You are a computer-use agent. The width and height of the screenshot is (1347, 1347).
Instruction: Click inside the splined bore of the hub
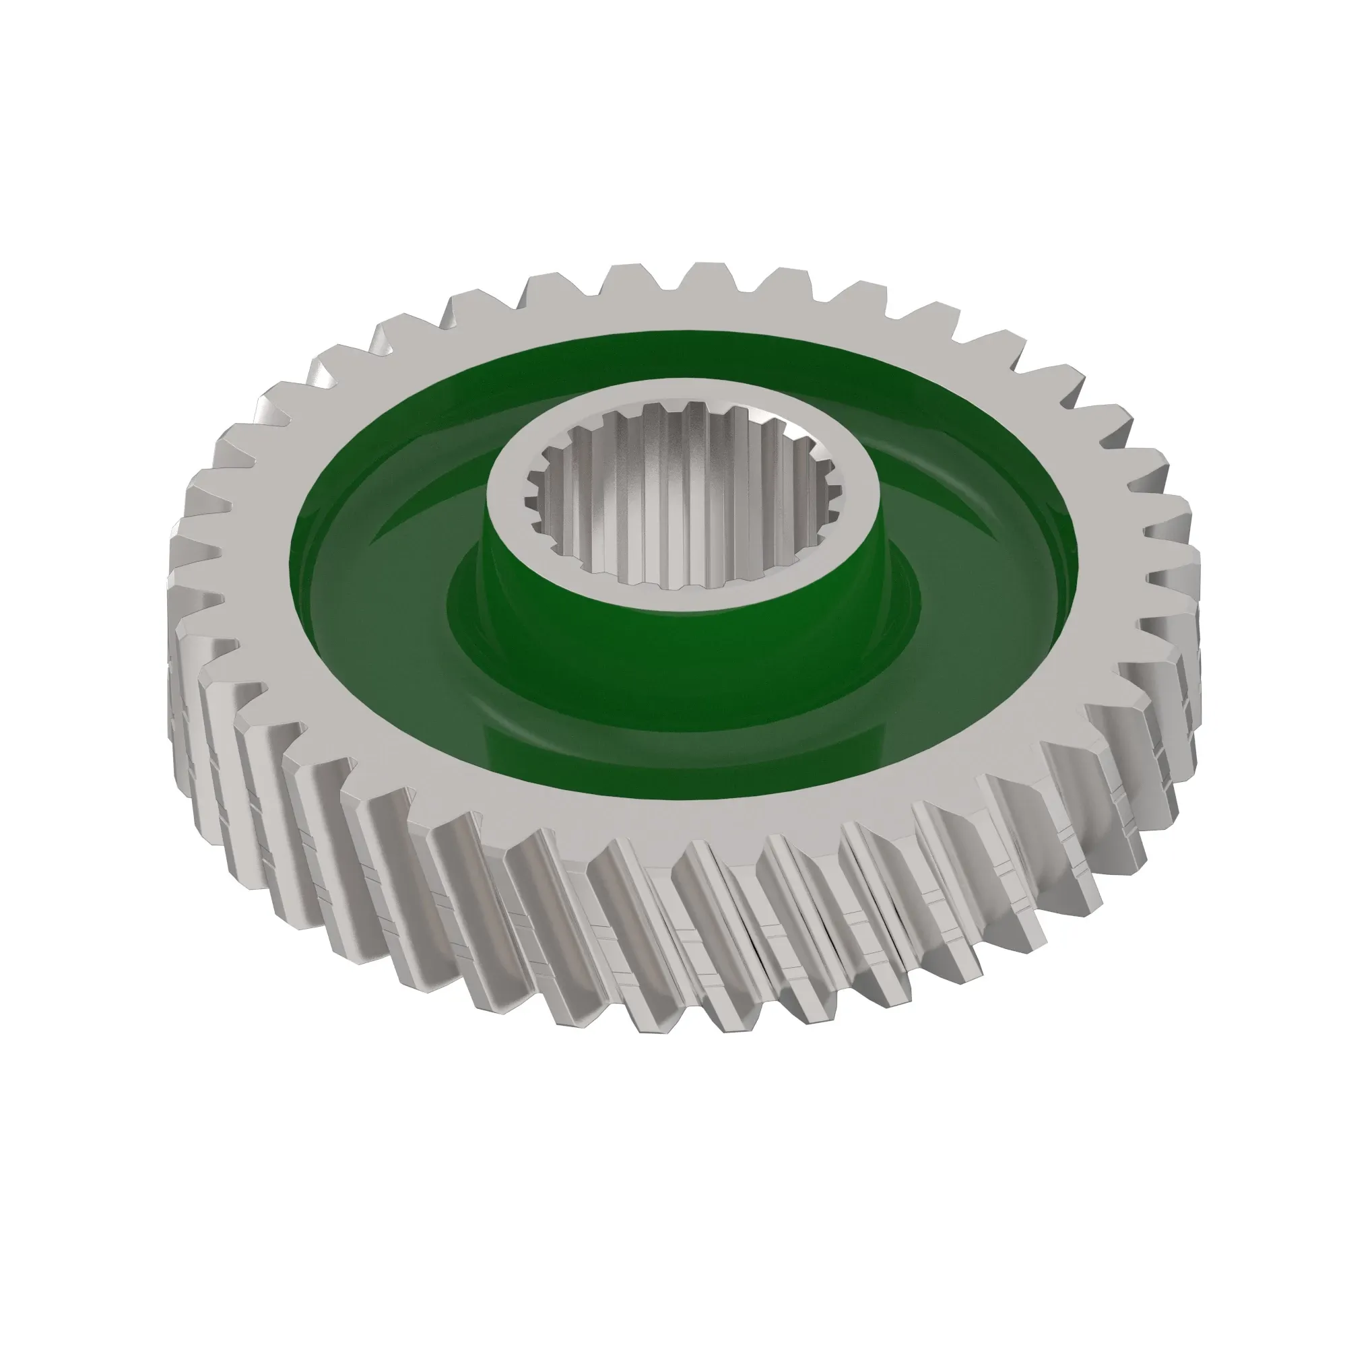[680, 516]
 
